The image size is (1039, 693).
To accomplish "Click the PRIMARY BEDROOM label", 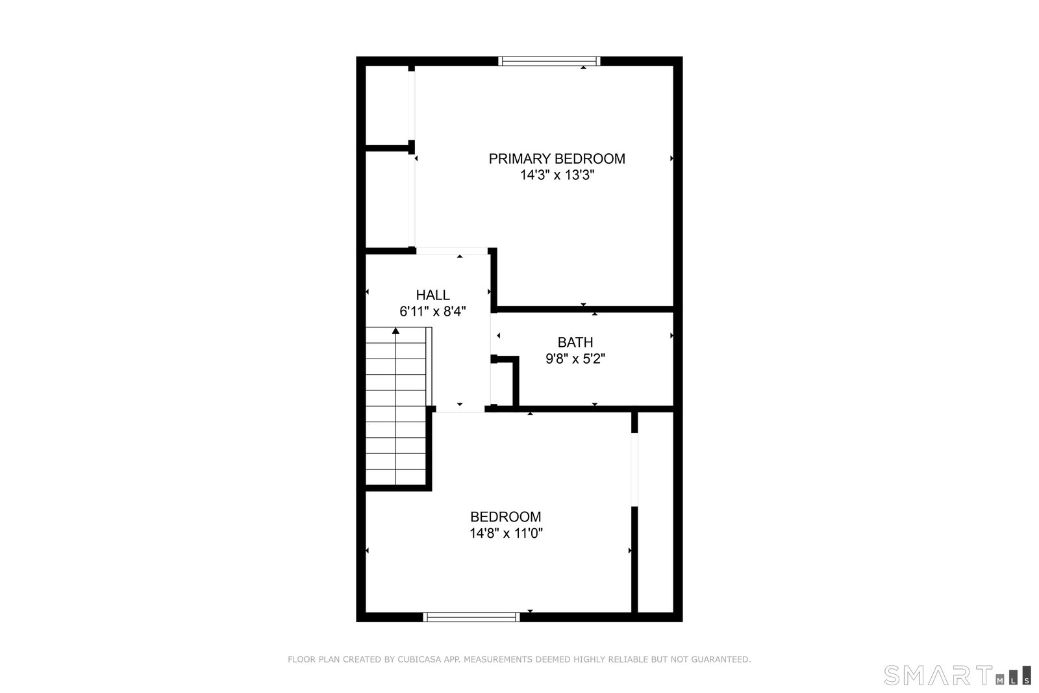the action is point(557,158).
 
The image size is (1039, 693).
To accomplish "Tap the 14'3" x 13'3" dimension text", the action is point(557,175).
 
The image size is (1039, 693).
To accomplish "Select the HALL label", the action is point(432,295).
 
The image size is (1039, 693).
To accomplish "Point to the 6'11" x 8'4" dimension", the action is point(432,311).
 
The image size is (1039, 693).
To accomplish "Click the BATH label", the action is point(575,342).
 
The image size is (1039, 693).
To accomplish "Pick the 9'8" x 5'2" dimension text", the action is point(575,359).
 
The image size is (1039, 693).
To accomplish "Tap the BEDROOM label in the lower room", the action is point(506,517).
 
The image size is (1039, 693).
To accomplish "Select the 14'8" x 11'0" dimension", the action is point(506,533).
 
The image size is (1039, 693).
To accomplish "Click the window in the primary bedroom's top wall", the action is point(549,61).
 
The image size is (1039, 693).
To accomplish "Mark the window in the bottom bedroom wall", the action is point(471,617).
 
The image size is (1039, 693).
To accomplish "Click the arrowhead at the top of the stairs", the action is point(395,331).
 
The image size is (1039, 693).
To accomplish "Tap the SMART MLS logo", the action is point(957,675).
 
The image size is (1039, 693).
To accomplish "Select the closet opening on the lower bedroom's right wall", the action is point(634,470).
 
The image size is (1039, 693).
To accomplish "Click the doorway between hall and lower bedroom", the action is point(460,409).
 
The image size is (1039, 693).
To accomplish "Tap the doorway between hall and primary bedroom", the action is point(452,251).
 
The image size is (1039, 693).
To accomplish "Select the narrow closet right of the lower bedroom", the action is point(655,512).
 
